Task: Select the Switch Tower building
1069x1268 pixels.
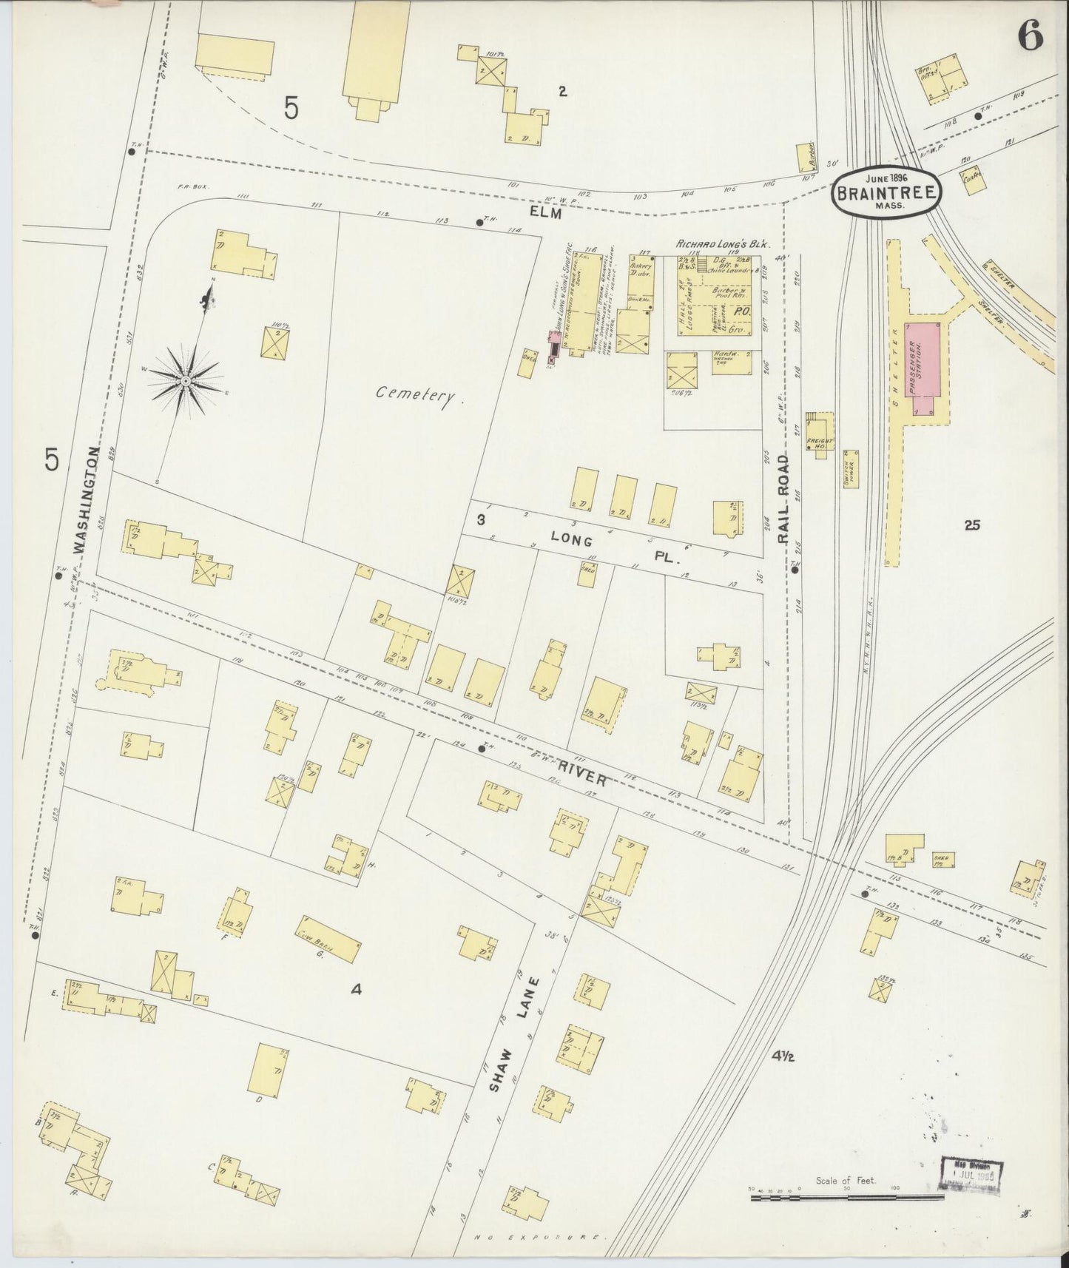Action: coord(851,468)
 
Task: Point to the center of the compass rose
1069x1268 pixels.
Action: coord(186,381)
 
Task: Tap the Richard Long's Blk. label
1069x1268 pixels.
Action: coord(724,243)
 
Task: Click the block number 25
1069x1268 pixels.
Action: coord(972,525)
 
